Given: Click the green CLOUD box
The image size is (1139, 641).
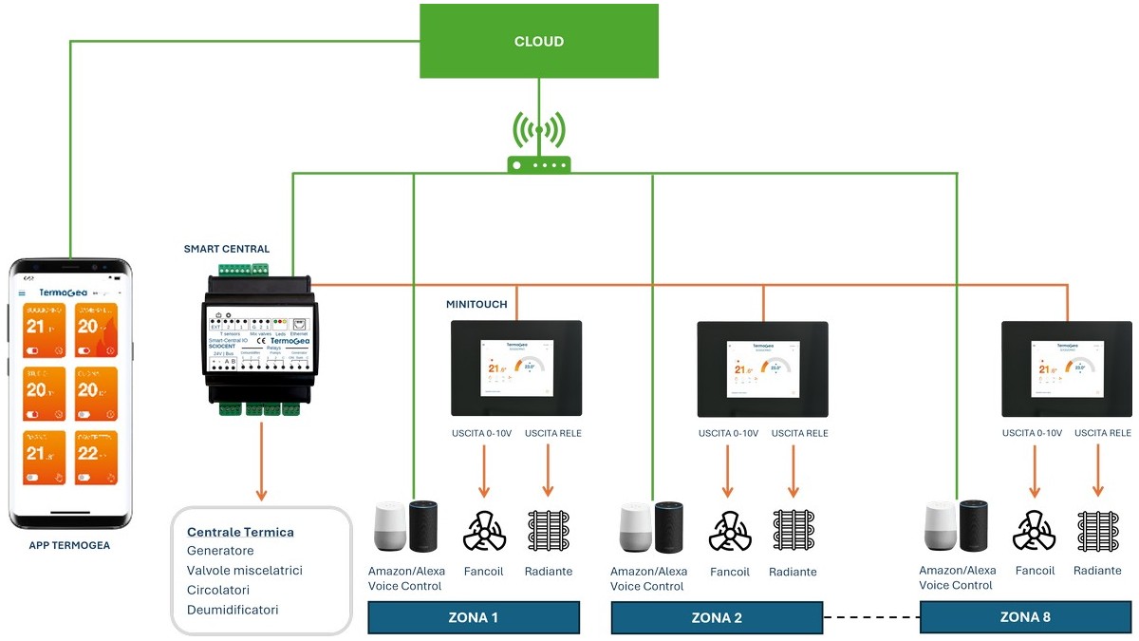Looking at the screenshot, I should pyautogui.click(x=538, y=41).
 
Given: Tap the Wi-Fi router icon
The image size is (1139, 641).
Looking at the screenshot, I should pyautogui.click(x=538, y=162).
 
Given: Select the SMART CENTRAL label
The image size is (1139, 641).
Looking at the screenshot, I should pyautogui.click(x=227, y=250).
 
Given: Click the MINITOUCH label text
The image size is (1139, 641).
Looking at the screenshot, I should pyautogui.click(x=476, y=305).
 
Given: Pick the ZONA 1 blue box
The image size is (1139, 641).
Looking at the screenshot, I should pyautogui.click(x=473, y=617).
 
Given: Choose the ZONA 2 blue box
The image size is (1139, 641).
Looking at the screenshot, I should pyautogui.click(x=717, y=618).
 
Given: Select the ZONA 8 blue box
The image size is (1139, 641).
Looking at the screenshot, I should pyautogui.click(x=1025, y=617).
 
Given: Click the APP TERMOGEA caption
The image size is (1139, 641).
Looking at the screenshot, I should pyautogui.click(x=68, y=546).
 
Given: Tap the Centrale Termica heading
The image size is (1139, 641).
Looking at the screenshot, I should pyautogui.click(x=240, y=532).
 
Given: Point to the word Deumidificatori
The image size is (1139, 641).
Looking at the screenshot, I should pyautogui.click(x=233, y=610).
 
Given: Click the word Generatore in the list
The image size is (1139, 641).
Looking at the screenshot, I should pyautogui.click(x=220, y=551).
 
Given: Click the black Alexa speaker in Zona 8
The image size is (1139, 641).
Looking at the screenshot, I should pyautogui.click(x=974, y=525).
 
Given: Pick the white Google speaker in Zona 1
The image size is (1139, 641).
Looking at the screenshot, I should pyautogui.click(x=388, y=527).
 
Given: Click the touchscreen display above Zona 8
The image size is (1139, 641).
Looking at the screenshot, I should pyautogui.click(x=1067, y=368).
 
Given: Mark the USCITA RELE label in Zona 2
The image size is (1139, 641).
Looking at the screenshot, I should pyautogui.click(x=799, y=434).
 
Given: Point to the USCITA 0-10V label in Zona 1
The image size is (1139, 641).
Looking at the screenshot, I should pyautogui.click(x=481, y=434).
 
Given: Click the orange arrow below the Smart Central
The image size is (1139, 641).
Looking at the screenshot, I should pyautogui.click(x=261, y=465).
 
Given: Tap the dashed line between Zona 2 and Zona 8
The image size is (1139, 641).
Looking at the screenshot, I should pyautogui.click(x=871, y=618).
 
